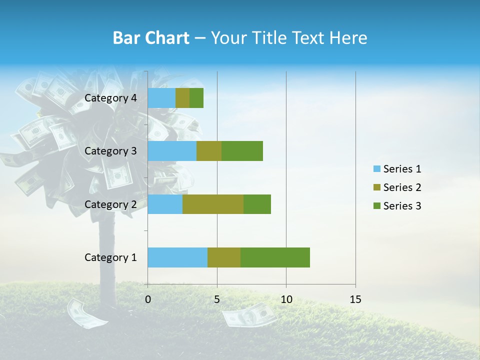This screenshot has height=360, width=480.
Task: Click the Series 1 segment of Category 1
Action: (x=177, y=257)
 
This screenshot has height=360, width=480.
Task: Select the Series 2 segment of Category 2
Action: (x=213, y=204)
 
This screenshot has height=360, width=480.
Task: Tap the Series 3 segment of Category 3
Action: (x=242, y=151)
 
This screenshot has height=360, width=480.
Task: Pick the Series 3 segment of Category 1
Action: (x=275, y=257)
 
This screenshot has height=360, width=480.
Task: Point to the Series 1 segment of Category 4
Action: (x=161, y=98)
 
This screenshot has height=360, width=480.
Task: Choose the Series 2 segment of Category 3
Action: (x=209, y=151)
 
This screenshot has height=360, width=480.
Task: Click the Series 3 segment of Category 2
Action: (x=257, y=204)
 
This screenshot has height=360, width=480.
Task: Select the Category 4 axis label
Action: (x=110, y=98)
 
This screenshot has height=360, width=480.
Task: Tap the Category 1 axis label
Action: (x=110, y=257)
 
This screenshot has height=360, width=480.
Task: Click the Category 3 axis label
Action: (x=110, y=151)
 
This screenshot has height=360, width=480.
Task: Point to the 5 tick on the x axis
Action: (x=217, y=299)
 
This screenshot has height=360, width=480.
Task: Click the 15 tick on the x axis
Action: (x=355, y=299)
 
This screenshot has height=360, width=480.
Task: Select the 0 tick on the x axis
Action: (x=148, y=299)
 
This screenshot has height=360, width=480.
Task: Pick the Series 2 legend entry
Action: (x=402, y=187)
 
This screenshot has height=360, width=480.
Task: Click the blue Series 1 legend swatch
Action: (x=376, y=169)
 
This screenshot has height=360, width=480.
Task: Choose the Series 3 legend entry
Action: (x=402, y=206)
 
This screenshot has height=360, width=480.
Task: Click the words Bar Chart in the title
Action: (x=150, y=38)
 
